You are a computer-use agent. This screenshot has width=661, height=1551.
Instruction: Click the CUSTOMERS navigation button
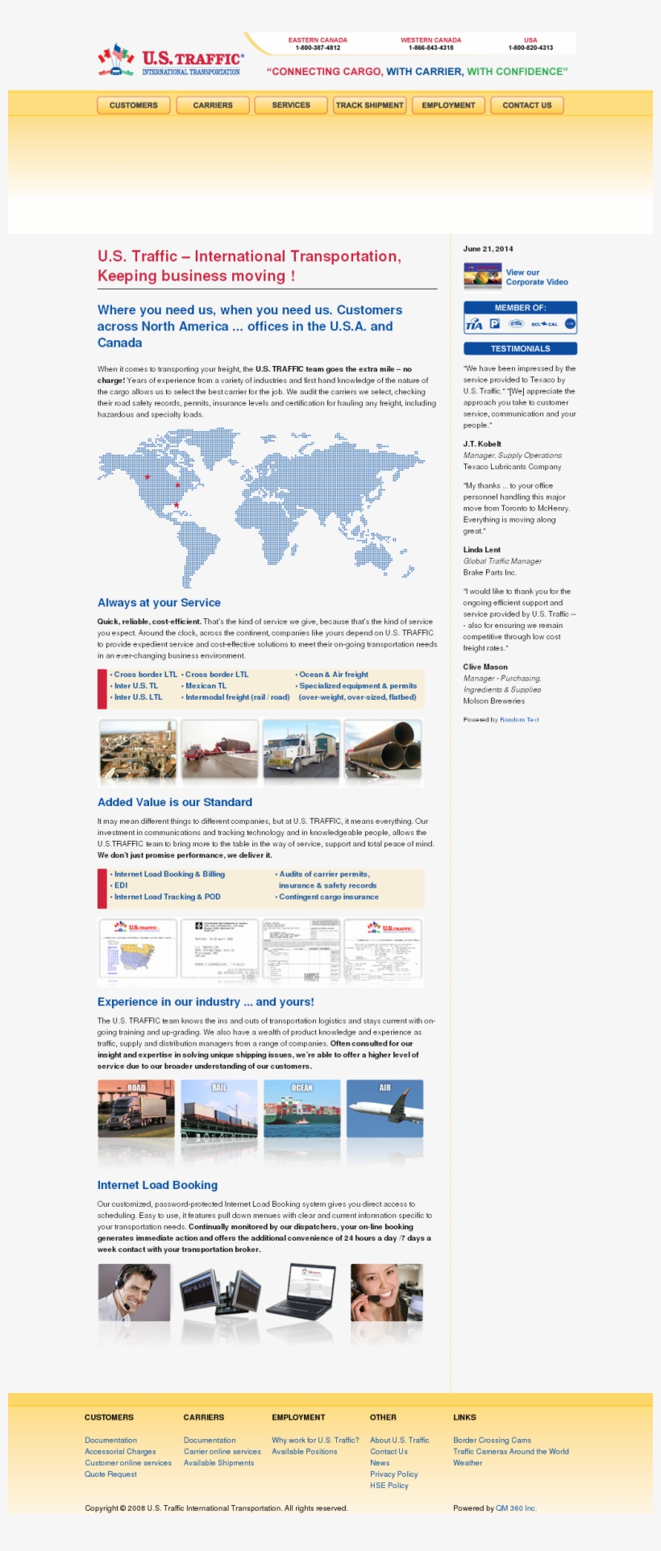tap(134, 106)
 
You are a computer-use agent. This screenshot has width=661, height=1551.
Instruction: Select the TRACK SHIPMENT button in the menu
tap(369, 106)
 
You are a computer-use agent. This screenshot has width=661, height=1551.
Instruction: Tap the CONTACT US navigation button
tap(527, 106)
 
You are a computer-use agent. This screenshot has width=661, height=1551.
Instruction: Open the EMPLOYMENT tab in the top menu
tap(448, 106)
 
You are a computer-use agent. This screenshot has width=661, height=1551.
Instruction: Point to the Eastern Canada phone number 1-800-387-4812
tap(318, 48)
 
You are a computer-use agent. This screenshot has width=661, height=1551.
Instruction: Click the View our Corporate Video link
tap(536, 277)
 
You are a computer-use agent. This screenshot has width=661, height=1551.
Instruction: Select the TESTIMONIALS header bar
tap(520, 349)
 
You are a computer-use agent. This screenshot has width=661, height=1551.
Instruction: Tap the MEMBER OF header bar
tap(520, 308)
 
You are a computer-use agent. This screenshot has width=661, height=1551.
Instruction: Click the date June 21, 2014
tap(488, 249)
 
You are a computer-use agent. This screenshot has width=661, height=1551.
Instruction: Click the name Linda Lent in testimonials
tap(481, 550)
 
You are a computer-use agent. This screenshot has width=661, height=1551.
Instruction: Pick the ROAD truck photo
tap(136, 1108)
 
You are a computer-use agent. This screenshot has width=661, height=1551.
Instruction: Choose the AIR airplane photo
tap(385, 1108)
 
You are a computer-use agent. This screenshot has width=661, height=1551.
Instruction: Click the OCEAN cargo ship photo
tap(301, 1108)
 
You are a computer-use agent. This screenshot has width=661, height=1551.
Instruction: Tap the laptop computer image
tap(301, 1291)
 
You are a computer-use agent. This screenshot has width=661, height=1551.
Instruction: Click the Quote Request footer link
tap(110, 1474)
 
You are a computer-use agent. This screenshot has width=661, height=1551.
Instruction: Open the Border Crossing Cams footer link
tap(492, 1440)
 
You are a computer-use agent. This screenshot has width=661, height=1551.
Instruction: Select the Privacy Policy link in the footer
tap(393, 1474)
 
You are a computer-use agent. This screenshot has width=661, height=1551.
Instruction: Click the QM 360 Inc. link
tap(516, 1507)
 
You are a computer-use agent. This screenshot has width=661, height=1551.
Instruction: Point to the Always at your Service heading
tap(159, 602)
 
